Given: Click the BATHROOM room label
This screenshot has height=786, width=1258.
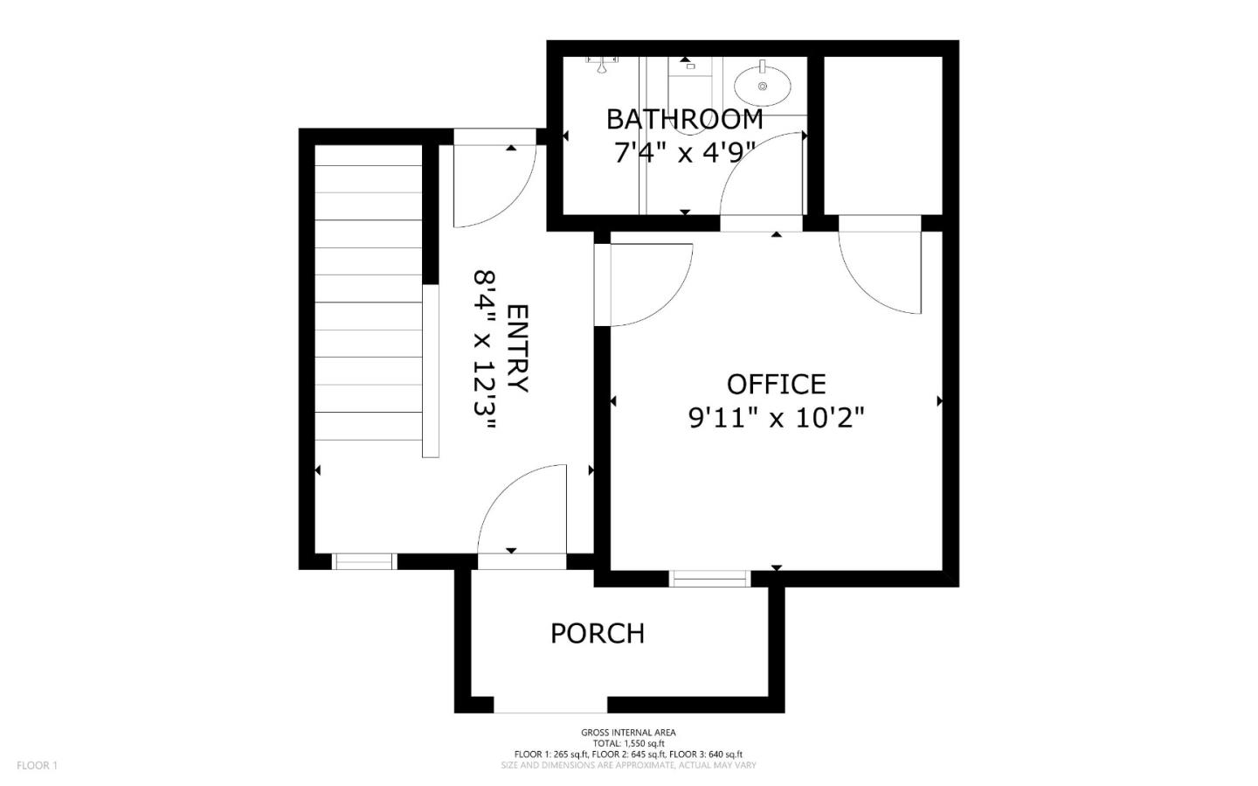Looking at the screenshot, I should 684,119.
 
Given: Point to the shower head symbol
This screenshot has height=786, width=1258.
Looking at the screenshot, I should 601,64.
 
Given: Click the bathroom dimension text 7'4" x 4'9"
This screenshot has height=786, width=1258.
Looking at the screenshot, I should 684,153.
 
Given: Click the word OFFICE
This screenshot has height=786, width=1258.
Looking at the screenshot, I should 776,384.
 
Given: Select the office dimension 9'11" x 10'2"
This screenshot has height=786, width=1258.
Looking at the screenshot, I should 776,419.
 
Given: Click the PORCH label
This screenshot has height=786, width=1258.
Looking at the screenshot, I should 598,633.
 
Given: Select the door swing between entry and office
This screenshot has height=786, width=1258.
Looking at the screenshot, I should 651,284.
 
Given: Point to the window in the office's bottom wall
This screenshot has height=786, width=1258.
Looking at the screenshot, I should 709,578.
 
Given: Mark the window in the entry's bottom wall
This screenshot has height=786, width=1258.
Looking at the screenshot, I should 364,561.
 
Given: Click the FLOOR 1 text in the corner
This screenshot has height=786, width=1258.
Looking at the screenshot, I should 37,766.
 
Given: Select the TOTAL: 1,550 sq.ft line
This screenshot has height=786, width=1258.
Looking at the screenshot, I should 628,743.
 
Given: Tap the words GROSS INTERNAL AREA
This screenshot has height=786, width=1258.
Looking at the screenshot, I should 628,733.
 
